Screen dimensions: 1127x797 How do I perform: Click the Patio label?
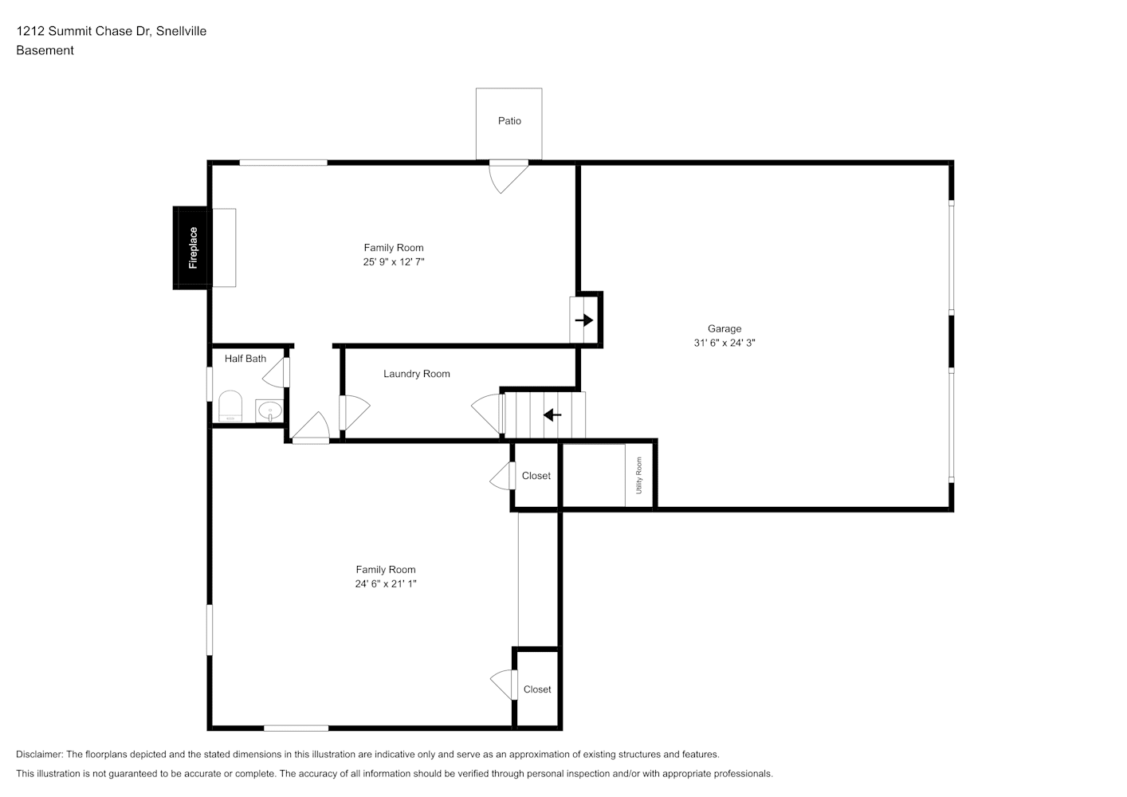[x=509, y=121]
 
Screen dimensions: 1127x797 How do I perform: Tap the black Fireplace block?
[x=191, y=248]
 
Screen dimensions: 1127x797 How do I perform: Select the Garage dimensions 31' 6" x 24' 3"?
[x=724, y=343]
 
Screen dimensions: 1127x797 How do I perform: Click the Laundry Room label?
[x=417, y=374]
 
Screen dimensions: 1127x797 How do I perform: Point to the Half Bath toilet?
[x=230, y=406]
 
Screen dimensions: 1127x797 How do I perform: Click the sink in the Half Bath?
[x=269, y=410]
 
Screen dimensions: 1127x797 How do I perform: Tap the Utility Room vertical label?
[x=639, y=476]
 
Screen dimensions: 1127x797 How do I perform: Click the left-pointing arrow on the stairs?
[x=552, y=415]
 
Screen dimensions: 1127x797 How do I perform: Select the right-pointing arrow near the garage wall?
[x=584, y=320]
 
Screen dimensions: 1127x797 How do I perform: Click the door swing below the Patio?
[x=509, y=177]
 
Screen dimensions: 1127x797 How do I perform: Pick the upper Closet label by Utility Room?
[x=536, y=476]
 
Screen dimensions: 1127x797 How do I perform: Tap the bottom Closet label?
[x=537, y=689]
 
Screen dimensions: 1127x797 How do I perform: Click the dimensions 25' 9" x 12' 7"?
[x=394, y=261]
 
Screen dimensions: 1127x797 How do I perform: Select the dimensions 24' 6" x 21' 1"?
[x=386, y=583]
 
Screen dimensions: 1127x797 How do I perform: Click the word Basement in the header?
[x=45, y=50]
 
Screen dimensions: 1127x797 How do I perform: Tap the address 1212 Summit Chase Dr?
[x=83, y=31]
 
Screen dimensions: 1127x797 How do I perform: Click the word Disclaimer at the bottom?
[x=39, y=754]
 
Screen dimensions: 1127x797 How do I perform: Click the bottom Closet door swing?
[x=504, y=685]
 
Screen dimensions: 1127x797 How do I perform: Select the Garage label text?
[x=724, y=328]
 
